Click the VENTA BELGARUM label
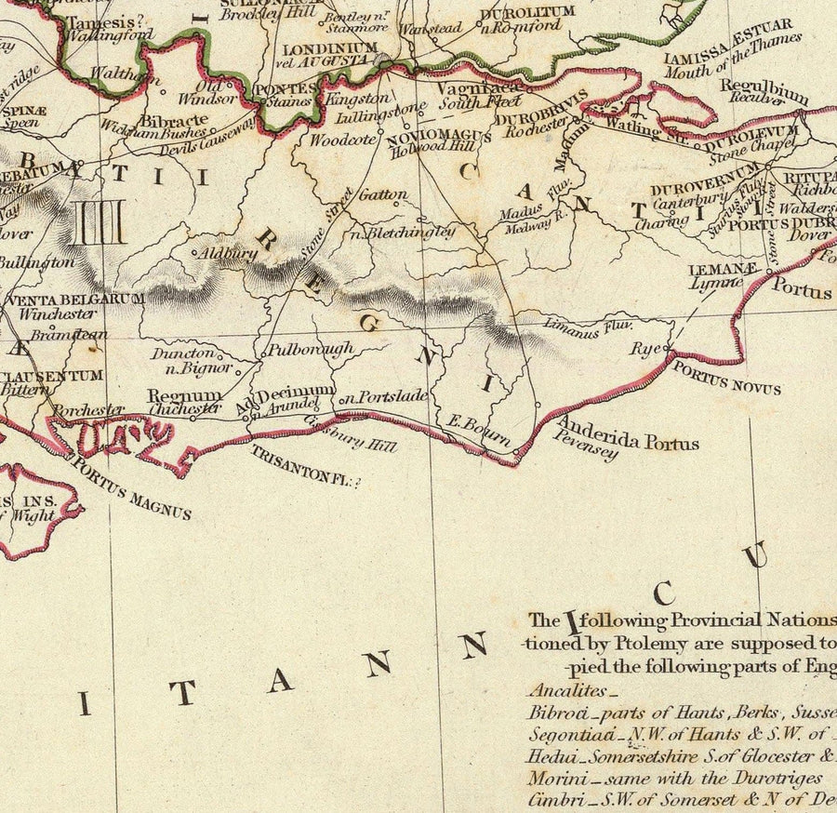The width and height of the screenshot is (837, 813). (x=74, y=300)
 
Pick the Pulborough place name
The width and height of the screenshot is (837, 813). (x=310, y=350)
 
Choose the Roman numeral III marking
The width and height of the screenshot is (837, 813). (x=99, y=223)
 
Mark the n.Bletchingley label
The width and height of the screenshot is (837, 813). (x=402, y=233)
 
